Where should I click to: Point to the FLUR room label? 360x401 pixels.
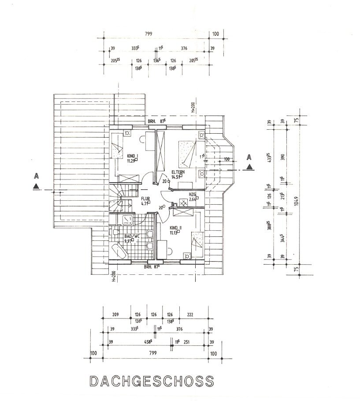pyautogui.click(x=145, y=199)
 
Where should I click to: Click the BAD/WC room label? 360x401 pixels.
pyautogui.click(x=132, y=236)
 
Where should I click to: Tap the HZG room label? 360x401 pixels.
pyautogui.click(x=192, y=194)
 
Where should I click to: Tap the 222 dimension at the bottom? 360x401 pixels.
pyautogui.click(x=190, y=315)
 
